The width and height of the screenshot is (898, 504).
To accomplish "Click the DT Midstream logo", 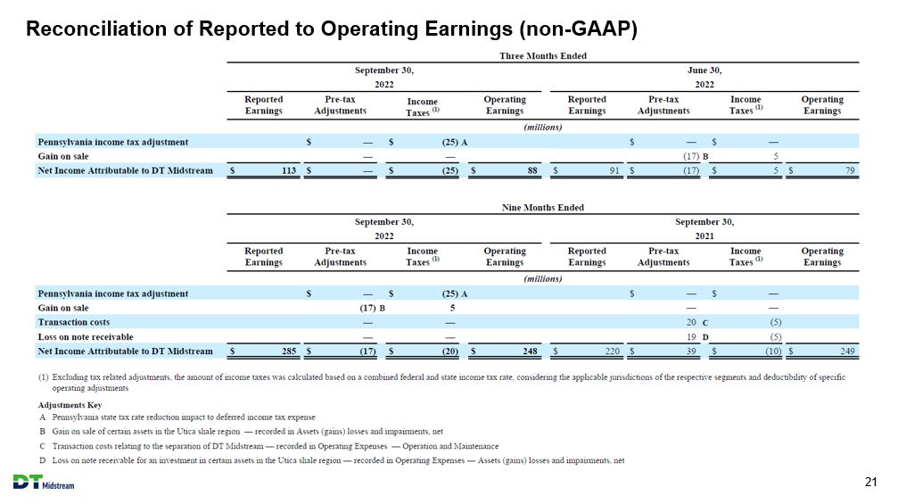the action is tap(44, 483).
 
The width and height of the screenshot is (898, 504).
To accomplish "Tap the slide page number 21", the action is tap(870, 483).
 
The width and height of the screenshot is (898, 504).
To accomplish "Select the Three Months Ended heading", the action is tap(543, 55).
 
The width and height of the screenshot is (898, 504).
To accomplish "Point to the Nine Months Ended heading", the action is tap(543, 207).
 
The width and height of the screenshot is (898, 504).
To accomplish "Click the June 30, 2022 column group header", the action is tap(704, 77).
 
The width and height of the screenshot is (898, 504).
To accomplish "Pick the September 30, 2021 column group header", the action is tap(704, 228).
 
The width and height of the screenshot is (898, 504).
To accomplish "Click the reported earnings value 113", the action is tap(289, 170).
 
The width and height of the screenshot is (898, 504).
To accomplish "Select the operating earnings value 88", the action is tap(532, 170).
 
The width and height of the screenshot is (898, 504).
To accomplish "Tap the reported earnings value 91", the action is tap(614, 170).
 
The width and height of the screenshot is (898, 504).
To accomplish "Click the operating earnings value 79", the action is tap(850, 170).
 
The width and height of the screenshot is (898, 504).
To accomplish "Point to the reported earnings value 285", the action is tap(289, 351).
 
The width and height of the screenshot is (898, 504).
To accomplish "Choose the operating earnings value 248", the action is tap(531, 351).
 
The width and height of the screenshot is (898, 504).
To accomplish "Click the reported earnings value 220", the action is tap(613, 351).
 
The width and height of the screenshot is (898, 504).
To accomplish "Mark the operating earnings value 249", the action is tap(847, 351).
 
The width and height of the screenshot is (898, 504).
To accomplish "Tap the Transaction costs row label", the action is tap(74, 322).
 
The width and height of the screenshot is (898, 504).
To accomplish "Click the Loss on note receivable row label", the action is tap(86, 337).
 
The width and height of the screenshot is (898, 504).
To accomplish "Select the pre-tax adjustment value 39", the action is tap(691, 351).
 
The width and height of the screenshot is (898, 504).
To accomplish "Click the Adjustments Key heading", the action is tap(70, 405).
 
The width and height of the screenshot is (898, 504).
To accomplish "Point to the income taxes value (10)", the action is tap(773, 351).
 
